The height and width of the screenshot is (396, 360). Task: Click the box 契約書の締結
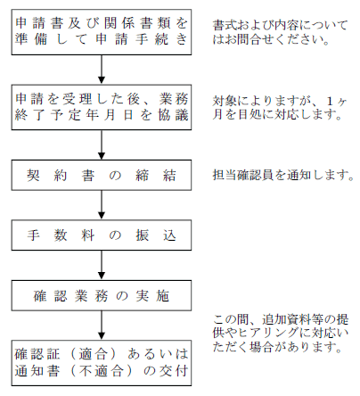[x=102, y=175]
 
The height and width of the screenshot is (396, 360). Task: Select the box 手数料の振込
[x=102, y=235]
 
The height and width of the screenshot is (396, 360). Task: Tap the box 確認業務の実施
[x=102, y=295]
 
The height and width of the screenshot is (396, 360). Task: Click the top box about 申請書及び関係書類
[x=102, y=32]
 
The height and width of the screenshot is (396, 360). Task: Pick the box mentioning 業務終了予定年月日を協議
[x=102, y=107]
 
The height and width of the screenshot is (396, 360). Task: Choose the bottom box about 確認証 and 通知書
[x=102, y=363]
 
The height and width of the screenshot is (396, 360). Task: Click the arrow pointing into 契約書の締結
[x=102, y=145]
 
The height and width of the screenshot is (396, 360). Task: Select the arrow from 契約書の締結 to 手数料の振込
[x=102, y=205]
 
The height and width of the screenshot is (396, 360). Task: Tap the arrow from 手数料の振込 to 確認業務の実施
[x=102, y=266]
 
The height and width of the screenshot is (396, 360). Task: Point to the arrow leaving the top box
[x=102, y=70]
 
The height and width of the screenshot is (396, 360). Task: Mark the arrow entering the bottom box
[x=102, y=326]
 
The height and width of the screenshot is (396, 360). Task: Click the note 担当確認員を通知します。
[x=283, y=175]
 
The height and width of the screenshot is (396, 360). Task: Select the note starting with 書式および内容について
[x=280, y=32]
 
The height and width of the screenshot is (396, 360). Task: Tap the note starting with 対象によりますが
[x=280, y=108]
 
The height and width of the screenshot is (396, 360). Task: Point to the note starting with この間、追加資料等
[x=281, y=333]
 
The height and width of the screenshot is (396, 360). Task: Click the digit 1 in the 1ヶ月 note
[x=330, y=102]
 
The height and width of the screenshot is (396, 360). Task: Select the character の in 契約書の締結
[x=115, y=176]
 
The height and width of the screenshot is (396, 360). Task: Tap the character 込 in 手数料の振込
[x=169, y=235]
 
